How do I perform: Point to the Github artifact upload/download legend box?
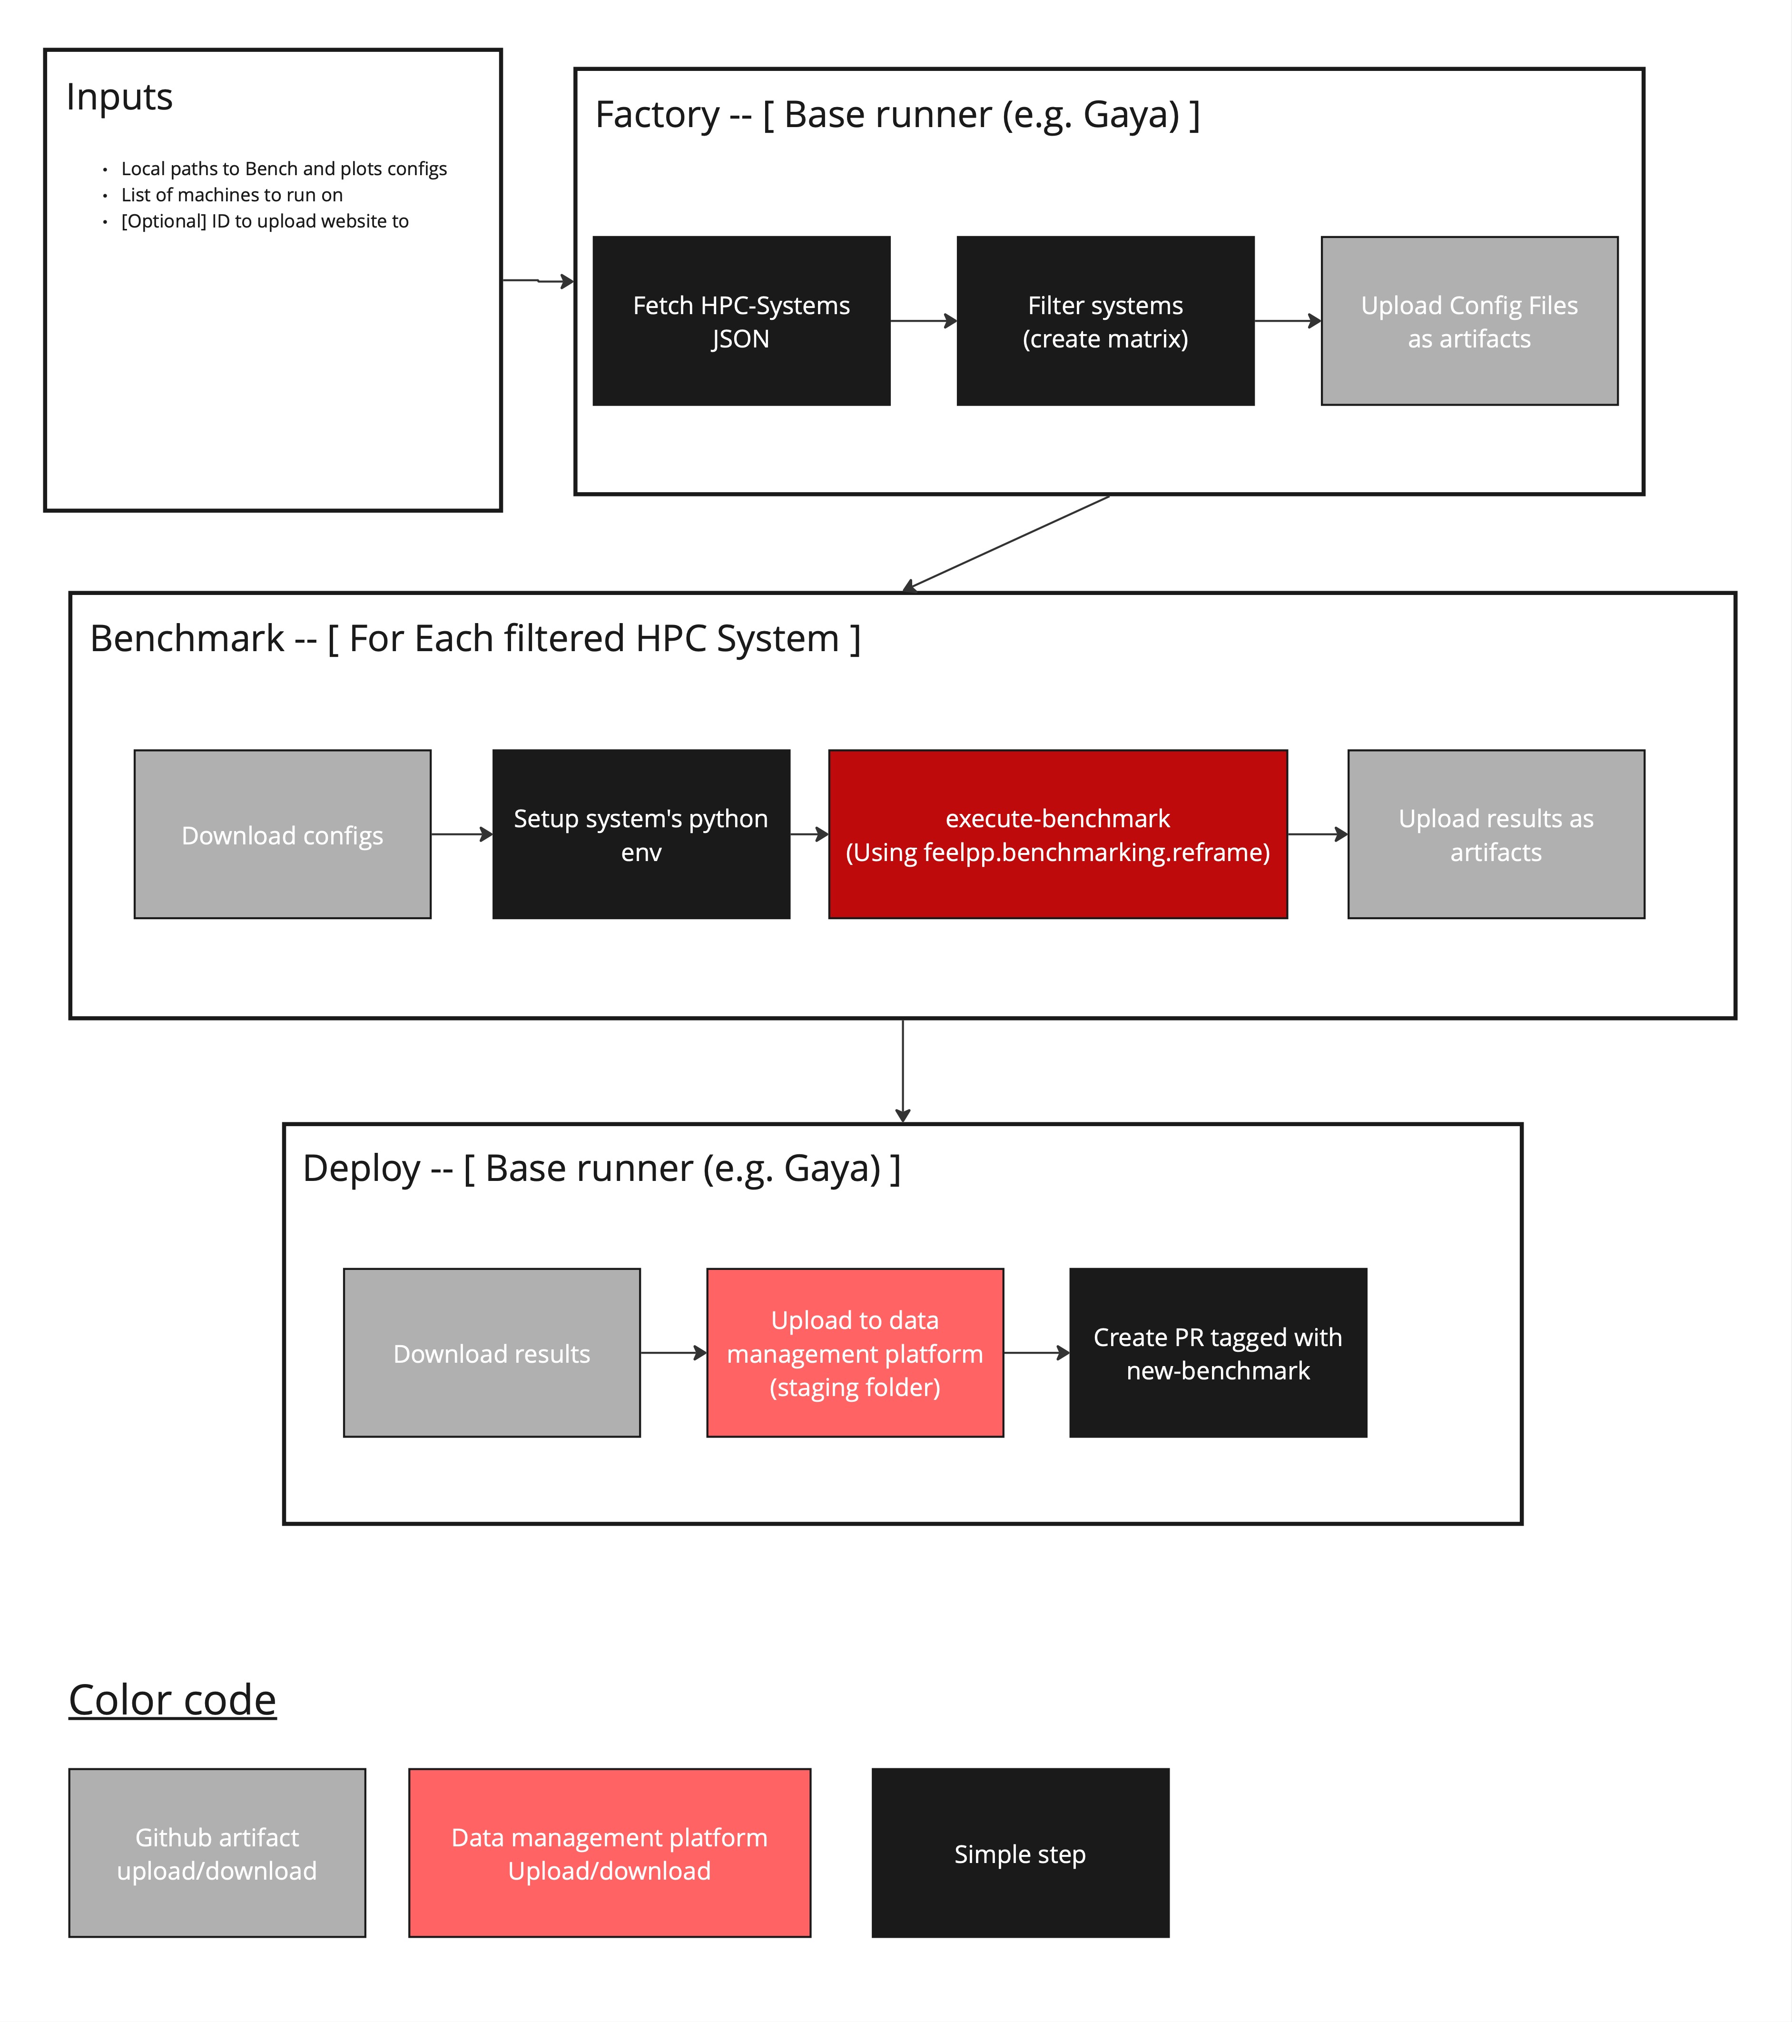217,1853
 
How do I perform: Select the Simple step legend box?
1020,1853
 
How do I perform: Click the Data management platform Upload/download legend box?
609,1853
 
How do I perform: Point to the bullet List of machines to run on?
231,195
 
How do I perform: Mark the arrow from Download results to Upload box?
672,1352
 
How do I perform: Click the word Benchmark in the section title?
187,639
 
